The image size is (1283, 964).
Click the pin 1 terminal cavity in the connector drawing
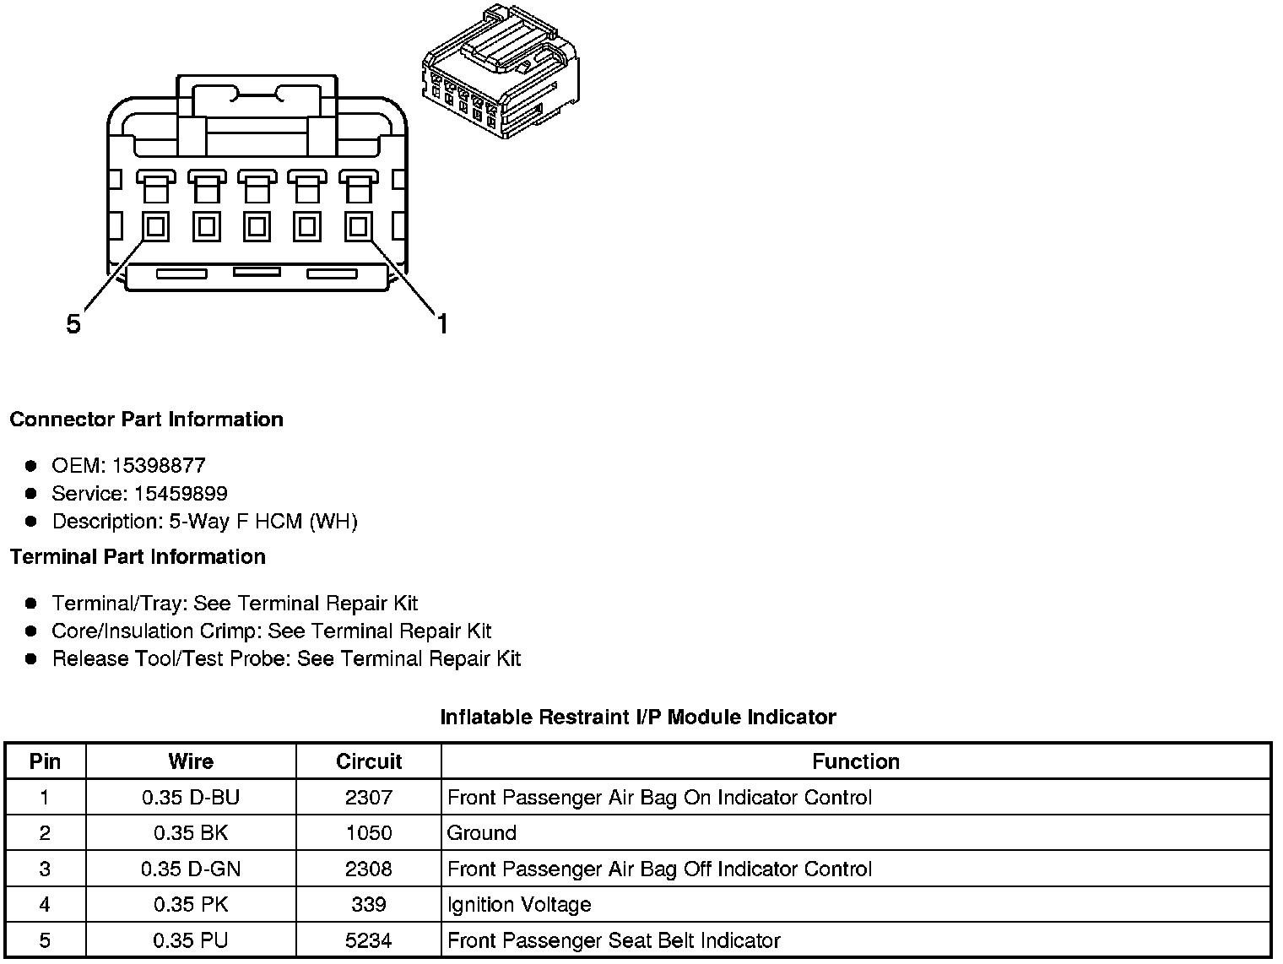pos(358,226)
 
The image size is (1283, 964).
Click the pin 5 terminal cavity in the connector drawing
pos(155,226)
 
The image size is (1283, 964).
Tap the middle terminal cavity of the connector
pos(257,226)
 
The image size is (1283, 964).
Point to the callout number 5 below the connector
pos(73,324)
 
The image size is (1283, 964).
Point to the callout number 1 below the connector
pos(441,324)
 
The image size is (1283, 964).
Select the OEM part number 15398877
pos(158,465)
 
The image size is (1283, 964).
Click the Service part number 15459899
pos(181,493)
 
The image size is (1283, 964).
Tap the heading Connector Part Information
pos(146,420)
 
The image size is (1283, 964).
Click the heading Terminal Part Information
pos(138,557)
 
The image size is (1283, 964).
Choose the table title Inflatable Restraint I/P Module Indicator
pos(638,718)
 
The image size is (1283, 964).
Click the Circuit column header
pos(369,761)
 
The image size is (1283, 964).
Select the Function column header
pos(856,761)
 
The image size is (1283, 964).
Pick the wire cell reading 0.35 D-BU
pos(191,798)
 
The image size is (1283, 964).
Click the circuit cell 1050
pos(369,833)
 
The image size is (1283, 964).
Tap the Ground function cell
pos(481,833)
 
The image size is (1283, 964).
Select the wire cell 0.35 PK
pos(191,905)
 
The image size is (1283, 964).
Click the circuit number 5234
pos(369,940)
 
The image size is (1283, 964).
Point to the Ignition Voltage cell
pos(519,905)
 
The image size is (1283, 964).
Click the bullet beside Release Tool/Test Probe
pos(31,658)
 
